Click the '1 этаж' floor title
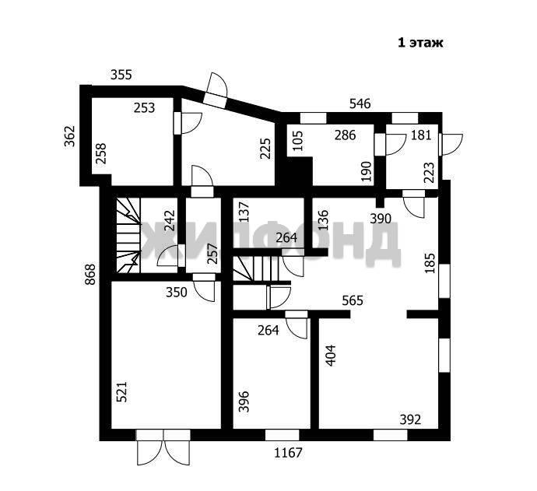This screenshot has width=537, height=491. [x=420, y=43]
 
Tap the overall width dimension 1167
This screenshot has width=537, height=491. [x=289, y=453]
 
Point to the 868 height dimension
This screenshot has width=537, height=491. [x=90, y=274]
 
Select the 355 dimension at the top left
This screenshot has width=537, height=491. [x=121, y=75]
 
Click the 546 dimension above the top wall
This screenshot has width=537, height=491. [x=360, y=103]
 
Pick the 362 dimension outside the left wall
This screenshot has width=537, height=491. [x=70, y=136]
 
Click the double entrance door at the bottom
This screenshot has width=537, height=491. [x=163, y=447]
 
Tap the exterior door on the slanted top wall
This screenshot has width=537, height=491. [x=215, y=89]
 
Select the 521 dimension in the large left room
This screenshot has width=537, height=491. [x=122, y=391]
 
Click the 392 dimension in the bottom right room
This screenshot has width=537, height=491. [x=410, y=419]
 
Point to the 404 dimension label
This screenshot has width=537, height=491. [x=331, y=355]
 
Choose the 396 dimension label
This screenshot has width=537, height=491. [x=244, y=402]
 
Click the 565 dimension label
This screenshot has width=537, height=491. [x=353, y=300]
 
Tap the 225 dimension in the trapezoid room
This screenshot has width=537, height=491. [x=265, y=149]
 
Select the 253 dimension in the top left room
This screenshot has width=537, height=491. [x=144, y=108]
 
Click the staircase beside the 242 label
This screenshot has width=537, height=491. [x=128, y=236]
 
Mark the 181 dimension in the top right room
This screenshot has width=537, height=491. [x=421, y=135]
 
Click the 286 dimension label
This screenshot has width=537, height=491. [x=346, y=135]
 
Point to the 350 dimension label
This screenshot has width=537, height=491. [x=177, y=293]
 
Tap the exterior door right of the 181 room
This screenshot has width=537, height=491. [x=451, y=145]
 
